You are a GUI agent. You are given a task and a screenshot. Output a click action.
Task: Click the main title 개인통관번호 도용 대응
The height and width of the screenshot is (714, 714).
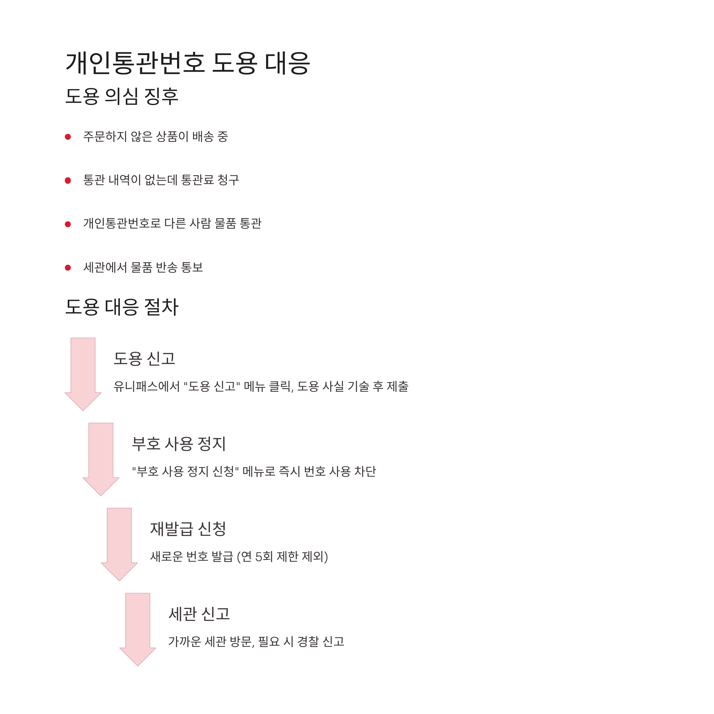tap(187, 63)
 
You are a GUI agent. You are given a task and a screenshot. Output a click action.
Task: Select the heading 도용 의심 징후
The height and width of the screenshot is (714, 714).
tap(122, 96)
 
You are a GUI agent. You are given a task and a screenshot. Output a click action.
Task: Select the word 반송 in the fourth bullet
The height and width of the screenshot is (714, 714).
tap(167, 267)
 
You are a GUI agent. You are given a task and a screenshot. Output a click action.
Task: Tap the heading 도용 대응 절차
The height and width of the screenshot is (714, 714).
tap(122, 307)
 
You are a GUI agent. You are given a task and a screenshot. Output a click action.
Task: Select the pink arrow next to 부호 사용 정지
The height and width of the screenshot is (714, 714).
tap(101, 458)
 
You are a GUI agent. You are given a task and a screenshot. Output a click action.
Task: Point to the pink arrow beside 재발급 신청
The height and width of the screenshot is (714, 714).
tap(119, 543)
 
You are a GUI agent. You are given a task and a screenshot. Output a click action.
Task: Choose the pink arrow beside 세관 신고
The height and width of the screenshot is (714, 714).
tap(138, 628)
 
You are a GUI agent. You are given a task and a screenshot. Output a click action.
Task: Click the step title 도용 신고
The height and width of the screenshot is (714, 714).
tap(144, 359)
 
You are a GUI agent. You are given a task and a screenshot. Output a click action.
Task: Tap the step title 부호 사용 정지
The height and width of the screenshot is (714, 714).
tap(179, 444)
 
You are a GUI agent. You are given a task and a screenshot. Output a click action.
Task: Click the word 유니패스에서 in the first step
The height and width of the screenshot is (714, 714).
tap(146, 386)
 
